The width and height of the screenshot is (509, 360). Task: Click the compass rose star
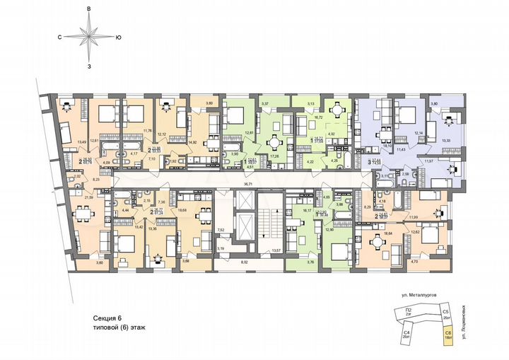(89, 36)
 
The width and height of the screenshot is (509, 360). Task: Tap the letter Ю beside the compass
(118, 36)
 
